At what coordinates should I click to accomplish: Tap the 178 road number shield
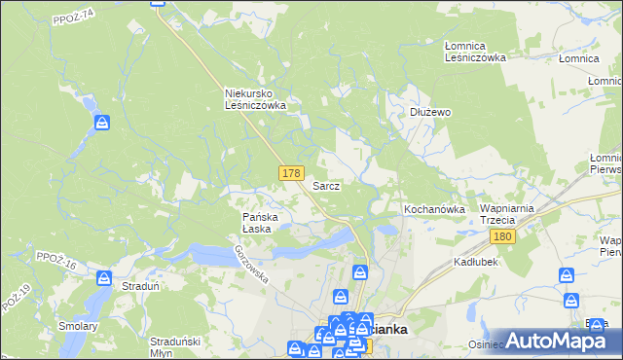(290, 172)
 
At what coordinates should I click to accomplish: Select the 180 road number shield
(502, 237)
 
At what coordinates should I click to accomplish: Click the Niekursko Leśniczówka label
(254, 98)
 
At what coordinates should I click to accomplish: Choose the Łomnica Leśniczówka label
(475, 52)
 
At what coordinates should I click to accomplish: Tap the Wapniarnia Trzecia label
(503, 215)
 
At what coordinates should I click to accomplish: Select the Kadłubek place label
(476, 263)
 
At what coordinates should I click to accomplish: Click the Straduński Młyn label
(175, 346)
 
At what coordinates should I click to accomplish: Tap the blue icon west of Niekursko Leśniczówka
(102, 123)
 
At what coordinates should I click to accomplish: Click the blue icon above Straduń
(104, 280)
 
